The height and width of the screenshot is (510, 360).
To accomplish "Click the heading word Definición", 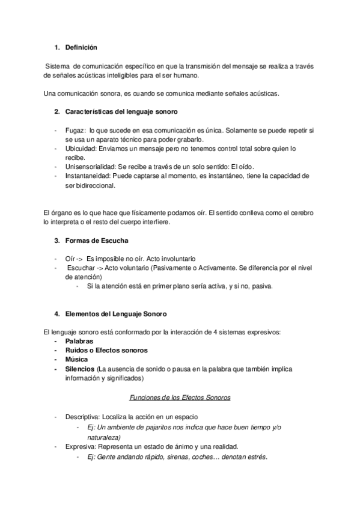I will click(81, 47).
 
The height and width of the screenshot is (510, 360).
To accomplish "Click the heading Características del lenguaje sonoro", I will click(120, 112).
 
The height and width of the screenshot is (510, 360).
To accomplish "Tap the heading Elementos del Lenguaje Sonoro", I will click(115, 314).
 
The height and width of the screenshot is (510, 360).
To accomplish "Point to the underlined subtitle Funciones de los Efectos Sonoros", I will click(180, 398).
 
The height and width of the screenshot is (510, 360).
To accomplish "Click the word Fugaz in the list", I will click(74, 130).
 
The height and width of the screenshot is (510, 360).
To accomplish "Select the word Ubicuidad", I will click(81, 148).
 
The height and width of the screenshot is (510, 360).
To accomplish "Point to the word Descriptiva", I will click(83, 417).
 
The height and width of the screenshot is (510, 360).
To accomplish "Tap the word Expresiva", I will click(81, 446).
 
